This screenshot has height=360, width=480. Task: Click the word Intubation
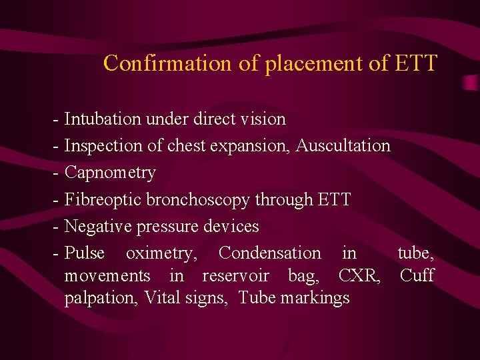103,119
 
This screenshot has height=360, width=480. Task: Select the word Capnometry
110,173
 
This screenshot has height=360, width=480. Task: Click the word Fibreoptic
103,199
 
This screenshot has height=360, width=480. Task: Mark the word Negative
99,227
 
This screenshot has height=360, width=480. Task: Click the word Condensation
269,253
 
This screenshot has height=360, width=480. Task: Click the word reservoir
235,275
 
